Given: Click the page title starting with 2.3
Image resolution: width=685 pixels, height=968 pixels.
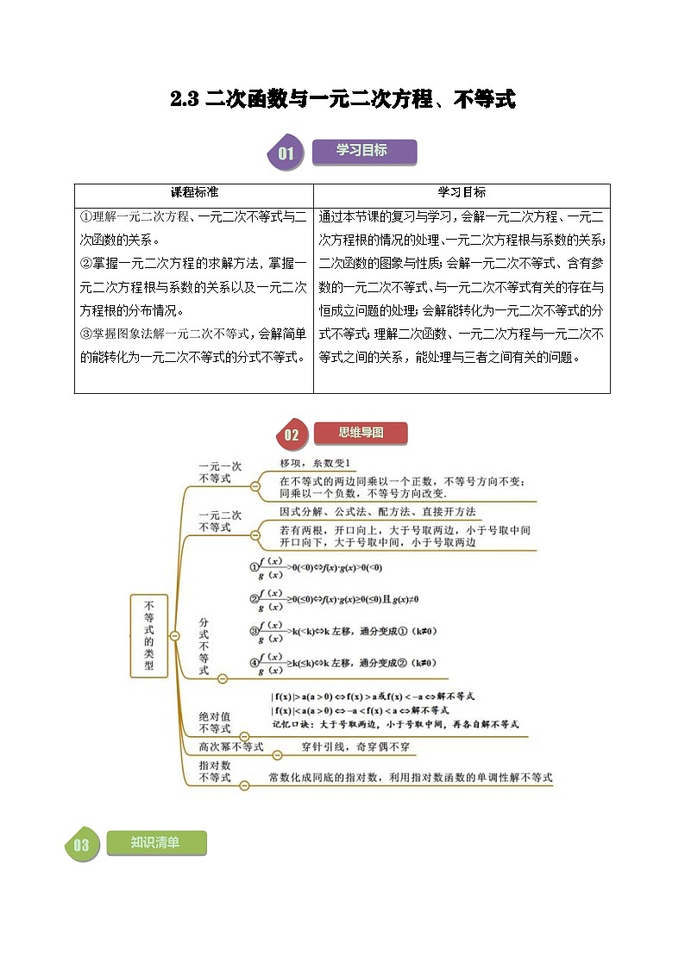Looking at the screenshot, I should click(x=342, y=100).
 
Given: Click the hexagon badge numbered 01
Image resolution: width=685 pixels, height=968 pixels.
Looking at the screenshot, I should click(x=286, y=154).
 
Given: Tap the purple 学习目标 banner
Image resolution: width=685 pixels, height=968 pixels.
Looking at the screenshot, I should click(x=362, y=151).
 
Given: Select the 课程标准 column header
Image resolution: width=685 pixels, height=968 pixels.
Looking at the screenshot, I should click(x=194, y=192).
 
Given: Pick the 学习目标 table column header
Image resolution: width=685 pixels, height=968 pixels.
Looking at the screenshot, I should click(x=462, y=192).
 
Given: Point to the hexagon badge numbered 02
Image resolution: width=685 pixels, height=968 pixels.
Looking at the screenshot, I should click(x=291, y=434).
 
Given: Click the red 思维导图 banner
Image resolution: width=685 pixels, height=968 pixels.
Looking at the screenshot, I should click(x=361, y=433).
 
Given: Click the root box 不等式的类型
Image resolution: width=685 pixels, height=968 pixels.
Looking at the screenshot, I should click(x=149, y=635).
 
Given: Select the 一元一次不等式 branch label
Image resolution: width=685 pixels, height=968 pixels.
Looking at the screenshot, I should click(x=220, y=472).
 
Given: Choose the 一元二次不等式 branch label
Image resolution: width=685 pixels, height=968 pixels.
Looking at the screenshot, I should click(x=220, y=521).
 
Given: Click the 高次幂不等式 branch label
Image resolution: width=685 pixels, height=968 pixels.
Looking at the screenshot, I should click(x=230, y=747).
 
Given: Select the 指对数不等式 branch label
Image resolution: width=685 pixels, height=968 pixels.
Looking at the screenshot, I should click(x=215, y=771).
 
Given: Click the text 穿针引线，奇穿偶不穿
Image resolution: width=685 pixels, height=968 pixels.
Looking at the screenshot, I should click(x=355, y=747).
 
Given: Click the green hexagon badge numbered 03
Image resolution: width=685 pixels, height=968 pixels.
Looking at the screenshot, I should click(x=81, y=845).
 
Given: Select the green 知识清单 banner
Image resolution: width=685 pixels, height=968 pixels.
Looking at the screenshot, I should click(x=156, y=842).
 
